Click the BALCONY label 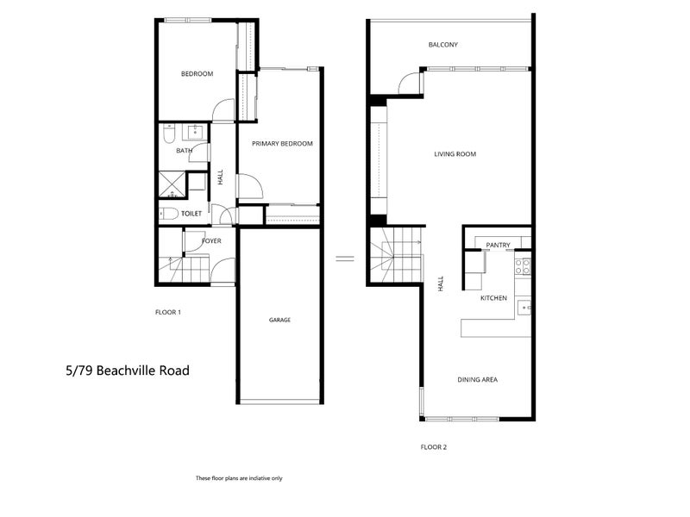pos(442,45)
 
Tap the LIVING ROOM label pos(455,154)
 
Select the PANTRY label pos(499,246)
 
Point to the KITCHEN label pos(493,298)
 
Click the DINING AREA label pos(477,380)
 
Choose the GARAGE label pos(279,320)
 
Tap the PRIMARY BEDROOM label pos(282,144)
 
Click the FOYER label pos(211,241)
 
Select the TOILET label pos(191,213)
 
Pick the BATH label pos(184,151)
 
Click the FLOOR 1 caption pos(167,312)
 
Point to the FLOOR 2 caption pos(433,447)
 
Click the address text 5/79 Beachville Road pos(127,371)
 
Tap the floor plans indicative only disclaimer pos(239,477)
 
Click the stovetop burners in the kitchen pos(523,266)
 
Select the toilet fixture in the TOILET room pos(169,213)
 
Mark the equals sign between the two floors pos(345,257)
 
